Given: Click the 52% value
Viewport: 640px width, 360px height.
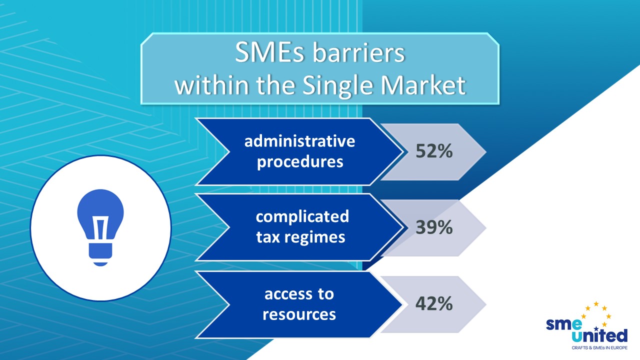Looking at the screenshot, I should point(434,151).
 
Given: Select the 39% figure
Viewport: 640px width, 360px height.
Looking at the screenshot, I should point(434,228).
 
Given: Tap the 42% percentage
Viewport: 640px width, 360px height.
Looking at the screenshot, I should point(434,304).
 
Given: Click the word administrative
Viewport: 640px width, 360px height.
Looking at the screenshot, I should point(299,141).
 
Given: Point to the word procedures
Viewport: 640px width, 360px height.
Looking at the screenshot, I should point(300,162).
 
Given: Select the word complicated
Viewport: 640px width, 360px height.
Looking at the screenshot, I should point(302,217).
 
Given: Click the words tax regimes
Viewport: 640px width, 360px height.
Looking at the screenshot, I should point(300,237).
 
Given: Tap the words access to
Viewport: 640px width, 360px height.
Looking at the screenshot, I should point(299,294).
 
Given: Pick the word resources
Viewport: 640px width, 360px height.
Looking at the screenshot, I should point(299,314).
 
